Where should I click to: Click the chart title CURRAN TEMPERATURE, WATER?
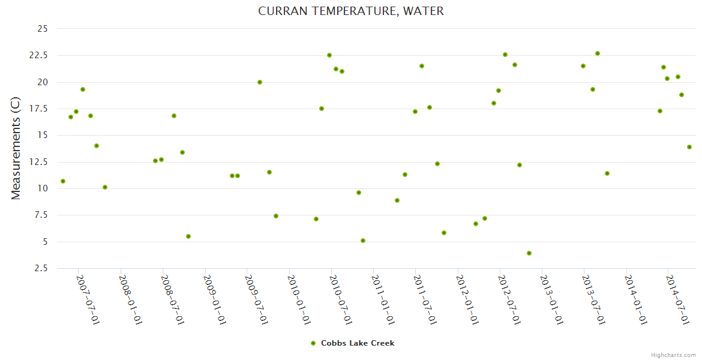[351, 11]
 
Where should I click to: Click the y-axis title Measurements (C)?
[16, 148]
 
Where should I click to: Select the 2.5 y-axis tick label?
[43, 268]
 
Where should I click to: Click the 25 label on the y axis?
[43, 29]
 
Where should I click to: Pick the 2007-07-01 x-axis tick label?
[88, 299]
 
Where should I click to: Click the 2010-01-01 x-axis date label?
[298, 299]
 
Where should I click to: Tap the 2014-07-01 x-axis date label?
[677, 299]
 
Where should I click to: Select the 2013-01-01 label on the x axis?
[551, 299]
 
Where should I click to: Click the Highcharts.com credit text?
[673, 355]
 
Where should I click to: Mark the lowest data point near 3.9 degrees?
[529, 253]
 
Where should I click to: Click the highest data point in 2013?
[598, 53]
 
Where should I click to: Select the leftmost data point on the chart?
[63, 181]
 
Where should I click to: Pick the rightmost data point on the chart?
[689, 147]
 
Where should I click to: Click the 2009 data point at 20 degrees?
[260, 82]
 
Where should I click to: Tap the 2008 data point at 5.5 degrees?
[188, 236]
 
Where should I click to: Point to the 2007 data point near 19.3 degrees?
[83, 89]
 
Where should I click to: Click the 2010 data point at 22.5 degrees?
[329, 55]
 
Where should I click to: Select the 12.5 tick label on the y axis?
[39, 162]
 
